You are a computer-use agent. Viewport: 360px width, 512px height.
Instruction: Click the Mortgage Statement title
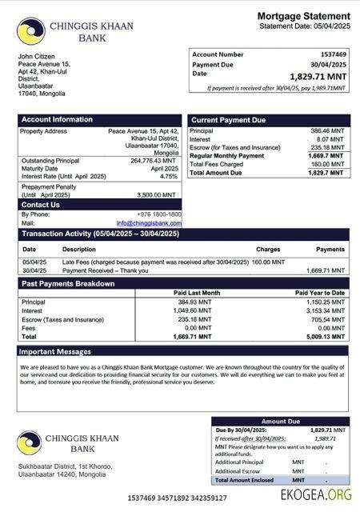[303, 16]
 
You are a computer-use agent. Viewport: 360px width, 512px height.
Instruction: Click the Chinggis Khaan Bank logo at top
[30, 31]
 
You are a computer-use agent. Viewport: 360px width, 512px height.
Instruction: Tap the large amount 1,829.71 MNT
[318, 76]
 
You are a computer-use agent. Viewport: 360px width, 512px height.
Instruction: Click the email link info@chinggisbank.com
[149, 223]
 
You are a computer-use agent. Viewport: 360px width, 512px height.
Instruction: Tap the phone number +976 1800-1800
[158, 214]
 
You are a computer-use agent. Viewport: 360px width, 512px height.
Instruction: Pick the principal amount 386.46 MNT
[327, 130]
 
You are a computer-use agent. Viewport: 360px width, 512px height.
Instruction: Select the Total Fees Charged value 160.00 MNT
[327, 164]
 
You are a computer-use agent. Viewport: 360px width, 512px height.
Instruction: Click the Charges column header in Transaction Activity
[268, 250]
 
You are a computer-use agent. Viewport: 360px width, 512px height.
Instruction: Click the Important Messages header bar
[55, 351]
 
